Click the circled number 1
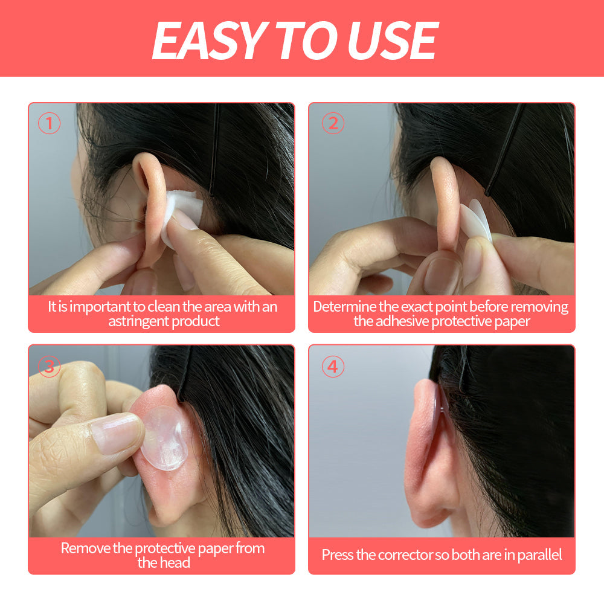click(49, 123)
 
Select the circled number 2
click(333, 123)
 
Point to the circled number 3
click(49, 366)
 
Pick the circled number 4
click(333, 366)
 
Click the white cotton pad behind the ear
click(181, 216)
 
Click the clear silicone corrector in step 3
click(164, 438)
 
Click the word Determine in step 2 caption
click(345, 307)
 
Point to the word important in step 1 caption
click(100, 307)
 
